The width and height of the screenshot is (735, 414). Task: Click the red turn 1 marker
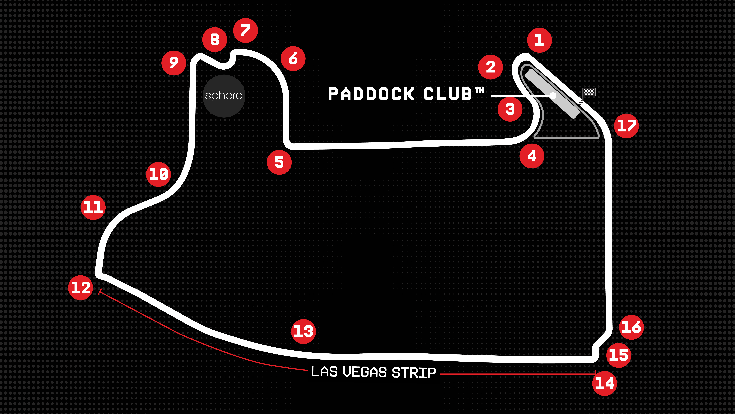(539, 40)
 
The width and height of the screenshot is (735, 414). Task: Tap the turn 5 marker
(279, 162)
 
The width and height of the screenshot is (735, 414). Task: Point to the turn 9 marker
(174, 63)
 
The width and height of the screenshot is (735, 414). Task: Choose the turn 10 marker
(158, 174)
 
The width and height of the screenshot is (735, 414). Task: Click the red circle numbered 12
(80, 287)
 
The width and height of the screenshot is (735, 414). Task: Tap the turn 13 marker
(303, 331)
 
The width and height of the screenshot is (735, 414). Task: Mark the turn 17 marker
(626, 126)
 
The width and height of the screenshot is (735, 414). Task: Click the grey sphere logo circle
(224, 96)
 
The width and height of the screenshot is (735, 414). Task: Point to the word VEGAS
(365, 372)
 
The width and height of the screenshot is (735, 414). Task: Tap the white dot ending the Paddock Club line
(553, 95)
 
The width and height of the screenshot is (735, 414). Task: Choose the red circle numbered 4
(532, 156)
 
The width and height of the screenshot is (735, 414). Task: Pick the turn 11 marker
(93, 207)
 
